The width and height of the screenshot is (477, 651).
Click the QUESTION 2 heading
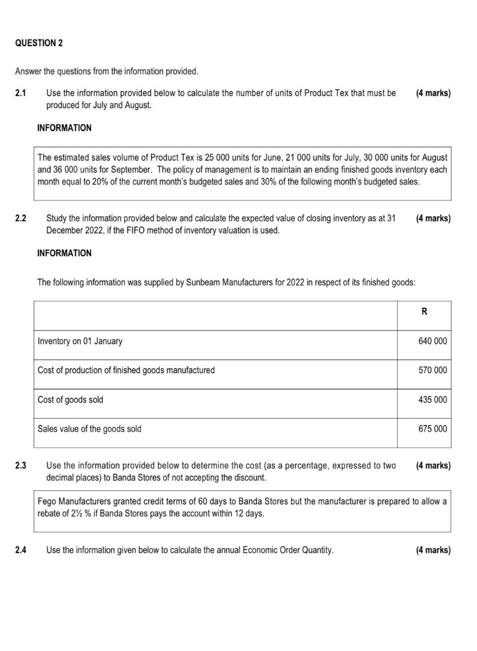(x=39, y=43)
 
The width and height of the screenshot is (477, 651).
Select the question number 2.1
(x=20, y=93)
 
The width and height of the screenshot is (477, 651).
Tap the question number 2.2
(x=20, y=218)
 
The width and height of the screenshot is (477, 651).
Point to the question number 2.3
(x=20, y=465)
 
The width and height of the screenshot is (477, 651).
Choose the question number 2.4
(x=20, y=550)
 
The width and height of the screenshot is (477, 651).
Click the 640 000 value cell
(x=432, y=341)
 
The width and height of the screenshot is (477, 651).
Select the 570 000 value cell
(x=432, y=370)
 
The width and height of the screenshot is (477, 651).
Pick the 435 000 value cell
(x=432, y=400)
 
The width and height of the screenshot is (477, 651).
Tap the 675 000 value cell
(x=432, y=429)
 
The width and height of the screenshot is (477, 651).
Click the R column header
(x=424, y=312)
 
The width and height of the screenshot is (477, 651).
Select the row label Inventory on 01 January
(x=80, y=341)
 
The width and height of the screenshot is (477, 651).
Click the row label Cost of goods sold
(x=70, y=400)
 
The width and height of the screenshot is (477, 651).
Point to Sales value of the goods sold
(x=90, y=429)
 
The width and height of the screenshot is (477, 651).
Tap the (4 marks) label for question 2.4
(x=433, y=550)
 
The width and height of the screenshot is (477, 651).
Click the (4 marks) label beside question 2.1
(x=433, y=93)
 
